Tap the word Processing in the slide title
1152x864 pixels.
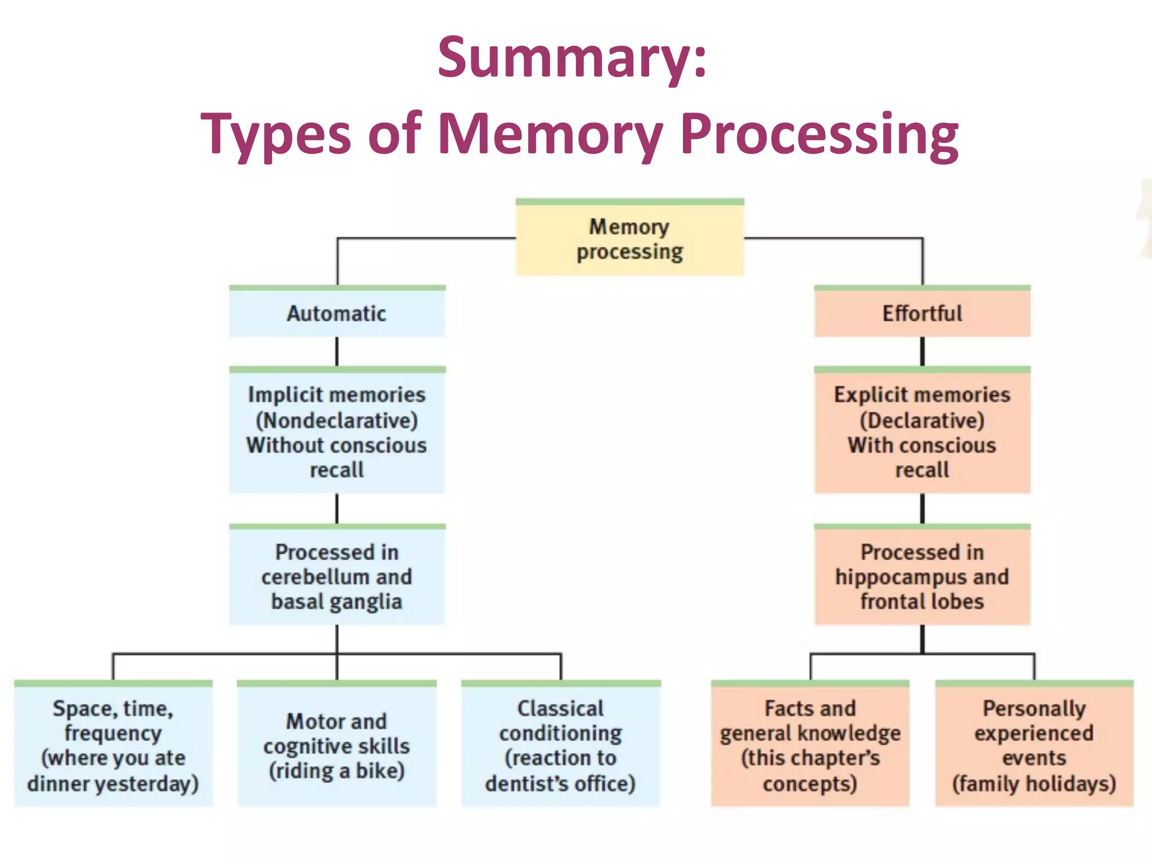[x=819, y=135]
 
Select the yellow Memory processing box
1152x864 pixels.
[x=630, y=239]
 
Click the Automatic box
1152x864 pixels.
[x=337, y=313]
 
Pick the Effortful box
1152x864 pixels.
[x=922, y=313]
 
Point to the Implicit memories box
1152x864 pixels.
[x=337, y=432]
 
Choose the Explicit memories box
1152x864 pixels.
[x=922, y=432]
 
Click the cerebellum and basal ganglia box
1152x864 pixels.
[x=337, y=577]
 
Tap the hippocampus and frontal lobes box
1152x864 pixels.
[x=922, y=577]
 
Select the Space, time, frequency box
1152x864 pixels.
[x=113, y=745]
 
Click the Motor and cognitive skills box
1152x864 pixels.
[x=337, y=745]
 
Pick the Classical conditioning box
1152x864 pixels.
[x=561, y=745]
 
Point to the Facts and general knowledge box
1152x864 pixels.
[x=810, y=745]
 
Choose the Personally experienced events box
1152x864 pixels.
[x=1034, y=745]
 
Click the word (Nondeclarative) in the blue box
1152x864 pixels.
[x=337, y=421]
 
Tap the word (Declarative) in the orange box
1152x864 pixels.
[x=922, y=421]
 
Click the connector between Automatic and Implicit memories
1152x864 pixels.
[x=337, y=352]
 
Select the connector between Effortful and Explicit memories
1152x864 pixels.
[x=922, y=352]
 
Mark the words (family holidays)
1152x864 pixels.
[x=1034, y=784]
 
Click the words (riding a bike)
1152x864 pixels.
[x=337, y=771]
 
